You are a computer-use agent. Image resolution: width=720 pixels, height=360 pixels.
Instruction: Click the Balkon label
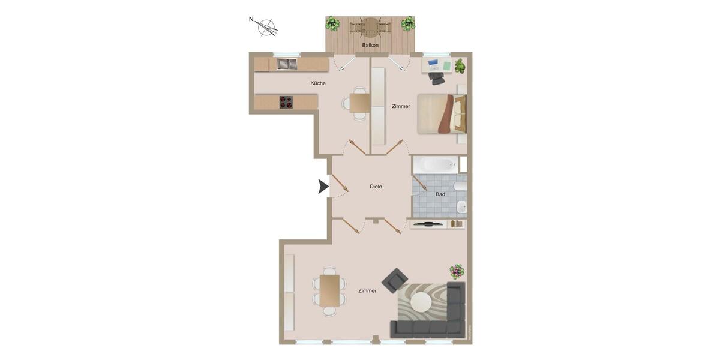point(370,45)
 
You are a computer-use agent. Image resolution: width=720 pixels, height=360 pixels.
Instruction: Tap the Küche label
point(318,83)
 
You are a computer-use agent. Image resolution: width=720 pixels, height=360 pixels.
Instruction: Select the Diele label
point(376,187)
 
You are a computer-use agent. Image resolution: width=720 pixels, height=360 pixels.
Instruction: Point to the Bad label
point(440,194)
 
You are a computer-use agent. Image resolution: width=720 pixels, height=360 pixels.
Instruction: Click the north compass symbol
point(266,27)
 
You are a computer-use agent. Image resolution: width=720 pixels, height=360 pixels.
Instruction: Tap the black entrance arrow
point(323,187)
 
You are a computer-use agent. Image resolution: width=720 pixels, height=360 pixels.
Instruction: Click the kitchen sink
point(287,64)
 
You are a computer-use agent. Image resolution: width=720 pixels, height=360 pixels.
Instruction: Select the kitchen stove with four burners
point(286,102)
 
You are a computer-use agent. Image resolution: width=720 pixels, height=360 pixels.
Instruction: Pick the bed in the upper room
point(442,113)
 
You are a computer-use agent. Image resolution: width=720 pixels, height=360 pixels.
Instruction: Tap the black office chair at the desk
point(438,78)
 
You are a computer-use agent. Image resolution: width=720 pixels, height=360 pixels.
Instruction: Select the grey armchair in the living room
point(395,280)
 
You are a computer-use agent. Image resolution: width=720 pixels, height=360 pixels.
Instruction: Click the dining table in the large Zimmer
point(329,290)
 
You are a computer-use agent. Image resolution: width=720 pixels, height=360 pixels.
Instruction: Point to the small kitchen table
point(360,103)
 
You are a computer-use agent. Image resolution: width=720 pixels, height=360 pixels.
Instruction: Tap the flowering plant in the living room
point(457,271)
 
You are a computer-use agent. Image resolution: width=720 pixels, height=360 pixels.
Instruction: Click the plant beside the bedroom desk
point(460,65)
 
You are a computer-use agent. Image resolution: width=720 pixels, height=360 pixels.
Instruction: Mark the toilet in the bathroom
point(461,207)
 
